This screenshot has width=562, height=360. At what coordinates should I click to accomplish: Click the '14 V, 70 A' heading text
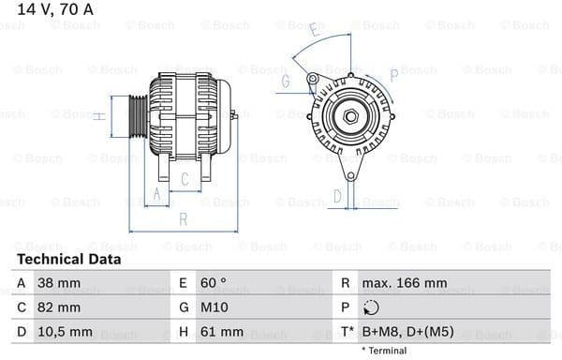click(x=47, y=9)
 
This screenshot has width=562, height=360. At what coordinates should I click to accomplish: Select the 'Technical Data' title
click(x=68, y=259)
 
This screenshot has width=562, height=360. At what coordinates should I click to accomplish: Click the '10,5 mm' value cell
click(x=66, y=331)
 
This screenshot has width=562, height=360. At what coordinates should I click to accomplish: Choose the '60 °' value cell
click(x=213, y=282)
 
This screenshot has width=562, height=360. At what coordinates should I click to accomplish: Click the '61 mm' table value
click(x=221, y=331)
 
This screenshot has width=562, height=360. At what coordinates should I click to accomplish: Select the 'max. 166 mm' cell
click(x=405, y=282)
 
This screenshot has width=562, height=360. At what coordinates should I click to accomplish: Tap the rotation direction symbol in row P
click(x=371, y=307)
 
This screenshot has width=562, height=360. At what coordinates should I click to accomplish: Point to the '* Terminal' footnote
click(x=385, y=351)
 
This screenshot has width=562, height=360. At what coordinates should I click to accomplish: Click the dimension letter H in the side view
click(x=98, y=116)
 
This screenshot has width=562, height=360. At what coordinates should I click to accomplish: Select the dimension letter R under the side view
click(x=184, y=219)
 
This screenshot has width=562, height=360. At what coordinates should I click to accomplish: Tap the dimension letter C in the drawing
click(x=185, y=178)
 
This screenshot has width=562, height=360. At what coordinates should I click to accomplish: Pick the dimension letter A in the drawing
click(x=158, y=194)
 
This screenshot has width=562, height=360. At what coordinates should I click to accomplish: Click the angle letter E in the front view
click(x=314, y=34)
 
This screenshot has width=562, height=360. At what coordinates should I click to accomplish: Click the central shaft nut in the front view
click(x=349, y=116)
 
